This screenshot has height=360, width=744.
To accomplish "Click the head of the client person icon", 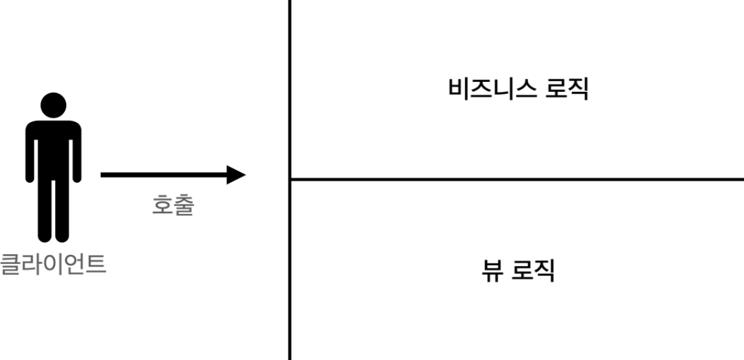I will tap(54, 105).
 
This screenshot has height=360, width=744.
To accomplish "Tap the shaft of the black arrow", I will tap(162, 174).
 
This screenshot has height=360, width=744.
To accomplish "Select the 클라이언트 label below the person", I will tap(53, 265).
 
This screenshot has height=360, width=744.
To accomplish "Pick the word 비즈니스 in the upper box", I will tap(488, 90).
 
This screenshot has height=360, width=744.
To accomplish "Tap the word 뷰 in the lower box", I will tap(491, 270).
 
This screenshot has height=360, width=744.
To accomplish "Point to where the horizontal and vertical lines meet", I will tap(290, 179).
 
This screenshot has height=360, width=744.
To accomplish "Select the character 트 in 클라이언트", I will tap(96, 265).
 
